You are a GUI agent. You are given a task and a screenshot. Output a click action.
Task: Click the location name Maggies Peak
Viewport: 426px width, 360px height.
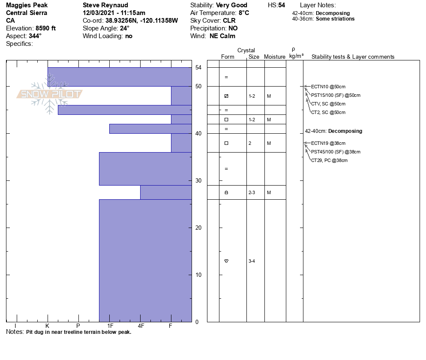click(x=27, y=5)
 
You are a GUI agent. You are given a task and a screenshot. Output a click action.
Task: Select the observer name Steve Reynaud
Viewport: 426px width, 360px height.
click(x=105, y=5)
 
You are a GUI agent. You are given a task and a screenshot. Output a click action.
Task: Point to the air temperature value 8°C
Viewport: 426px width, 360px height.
click(x=244, y=13)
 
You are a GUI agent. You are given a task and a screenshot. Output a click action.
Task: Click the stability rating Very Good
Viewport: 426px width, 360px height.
click(x=232, y=5)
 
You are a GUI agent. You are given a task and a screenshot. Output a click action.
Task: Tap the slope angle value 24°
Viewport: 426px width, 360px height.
click(x=125, y=28)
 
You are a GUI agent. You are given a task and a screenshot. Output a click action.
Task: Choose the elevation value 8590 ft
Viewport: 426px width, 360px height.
click(x=46, y=28)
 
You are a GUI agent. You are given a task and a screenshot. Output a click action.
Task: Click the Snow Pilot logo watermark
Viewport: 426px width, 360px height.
click(x=50, y=94)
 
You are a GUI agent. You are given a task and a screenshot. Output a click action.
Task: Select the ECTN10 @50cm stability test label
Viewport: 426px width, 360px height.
click(x=328, y=87)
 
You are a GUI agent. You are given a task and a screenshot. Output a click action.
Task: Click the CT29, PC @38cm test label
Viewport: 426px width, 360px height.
click(x=329, y=160)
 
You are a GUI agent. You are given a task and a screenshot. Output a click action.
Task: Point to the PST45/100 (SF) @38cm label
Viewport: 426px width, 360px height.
click(x=336, y=152)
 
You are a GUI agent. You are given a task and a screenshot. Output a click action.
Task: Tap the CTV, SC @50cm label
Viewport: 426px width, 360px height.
click(x=328, y=104)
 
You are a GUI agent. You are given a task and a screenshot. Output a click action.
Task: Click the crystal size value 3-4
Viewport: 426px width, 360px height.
click(x=252, y=261)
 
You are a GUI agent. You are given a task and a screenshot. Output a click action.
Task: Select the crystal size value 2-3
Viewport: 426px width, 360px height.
click(x=252, y=192)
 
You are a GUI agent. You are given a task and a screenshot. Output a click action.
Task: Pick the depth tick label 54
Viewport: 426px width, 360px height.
click(x=198, y=67)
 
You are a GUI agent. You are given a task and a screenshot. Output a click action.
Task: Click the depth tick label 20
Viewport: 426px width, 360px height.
click(x=198, y=228)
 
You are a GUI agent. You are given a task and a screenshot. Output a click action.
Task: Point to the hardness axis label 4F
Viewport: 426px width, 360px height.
click(x=141, y=326)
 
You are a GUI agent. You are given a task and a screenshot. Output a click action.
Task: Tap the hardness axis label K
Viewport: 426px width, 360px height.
click(x=47, y=326)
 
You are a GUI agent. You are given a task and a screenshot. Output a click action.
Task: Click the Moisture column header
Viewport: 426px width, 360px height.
click(x=275, y=57)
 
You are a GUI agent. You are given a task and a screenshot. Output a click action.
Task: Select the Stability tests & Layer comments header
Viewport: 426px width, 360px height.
click(x=353, y=57)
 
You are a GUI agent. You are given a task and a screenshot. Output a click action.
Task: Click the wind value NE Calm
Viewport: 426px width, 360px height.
click(x=222, y=36)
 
